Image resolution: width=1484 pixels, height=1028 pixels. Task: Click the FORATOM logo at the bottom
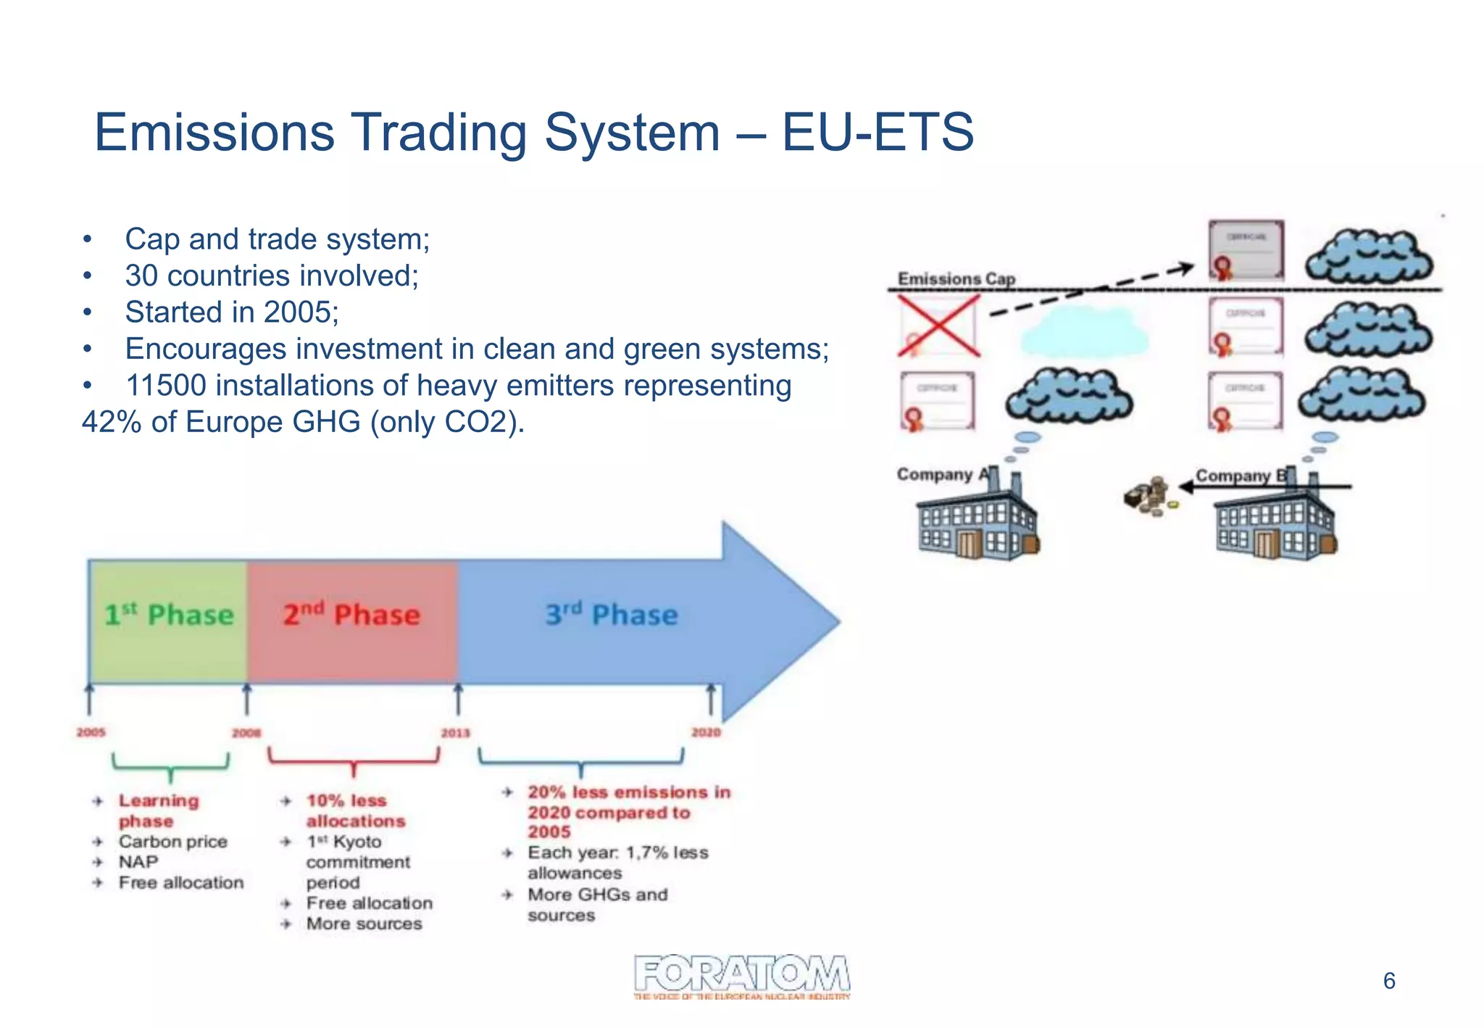[741, 975]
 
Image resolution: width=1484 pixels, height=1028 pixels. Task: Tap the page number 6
[1388, 981]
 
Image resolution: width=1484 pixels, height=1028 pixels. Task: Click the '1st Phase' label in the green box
[169, 615]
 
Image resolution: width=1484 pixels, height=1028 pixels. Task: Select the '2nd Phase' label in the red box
[351, 615]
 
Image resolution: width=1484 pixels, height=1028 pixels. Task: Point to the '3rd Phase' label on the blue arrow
[612, 615]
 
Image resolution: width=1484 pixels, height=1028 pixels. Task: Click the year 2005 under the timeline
[91, 732]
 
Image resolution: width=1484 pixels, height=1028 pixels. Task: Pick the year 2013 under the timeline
[455, 733]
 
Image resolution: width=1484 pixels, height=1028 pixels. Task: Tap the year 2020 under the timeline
[706, 732]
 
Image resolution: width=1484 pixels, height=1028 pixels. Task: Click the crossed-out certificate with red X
[938, 326]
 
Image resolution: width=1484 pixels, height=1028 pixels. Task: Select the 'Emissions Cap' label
[956, 278]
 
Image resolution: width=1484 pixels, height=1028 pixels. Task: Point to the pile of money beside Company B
[1148, 497]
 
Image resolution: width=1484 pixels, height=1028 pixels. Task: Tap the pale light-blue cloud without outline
[1085, 331]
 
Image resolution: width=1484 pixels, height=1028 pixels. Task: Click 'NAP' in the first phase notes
[138, 862]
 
